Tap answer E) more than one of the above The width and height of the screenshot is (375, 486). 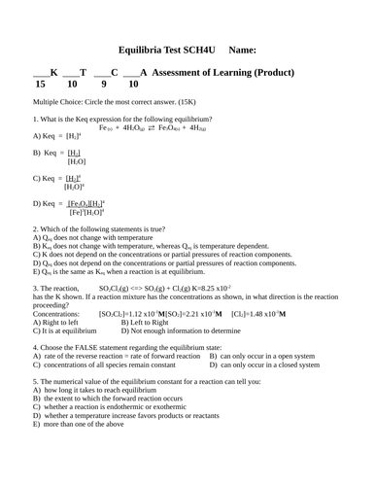click(x=79, y=424)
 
